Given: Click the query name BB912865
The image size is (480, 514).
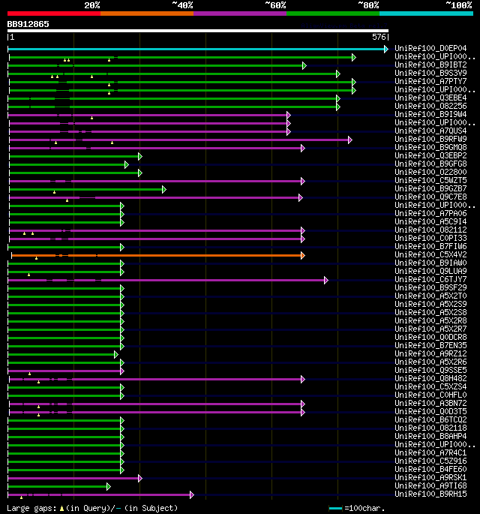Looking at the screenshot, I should (x=28, y=24).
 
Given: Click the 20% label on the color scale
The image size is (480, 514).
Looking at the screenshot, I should (x=91, y=5).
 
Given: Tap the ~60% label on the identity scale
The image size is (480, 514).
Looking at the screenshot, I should (x=275, y=5).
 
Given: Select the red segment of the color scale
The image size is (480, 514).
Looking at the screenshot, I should (x=53, y=13).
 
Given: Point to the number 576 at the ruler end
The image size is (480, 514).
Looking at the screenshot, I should (x=379, y=37).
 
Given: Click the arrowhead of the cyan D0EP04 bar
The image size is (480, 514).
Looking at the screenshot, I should (x=385, y=49).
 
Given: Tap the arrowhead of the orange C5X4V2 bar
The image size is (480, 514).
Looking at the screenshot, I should (x=302, y=255).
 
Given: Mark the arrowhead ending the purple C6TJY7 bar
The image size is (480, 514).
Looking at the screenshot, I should (x=325, y=280).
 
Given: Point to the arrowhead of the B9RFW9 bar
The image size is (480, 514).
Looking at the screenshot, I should (x=349, y=140).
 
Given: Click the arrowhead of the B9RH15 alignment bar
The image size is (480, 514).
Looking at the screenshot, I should (x=192, y=494).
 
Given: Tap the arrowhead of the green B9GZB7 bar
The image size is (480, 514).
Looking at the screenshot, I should (x=163, y=189).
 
